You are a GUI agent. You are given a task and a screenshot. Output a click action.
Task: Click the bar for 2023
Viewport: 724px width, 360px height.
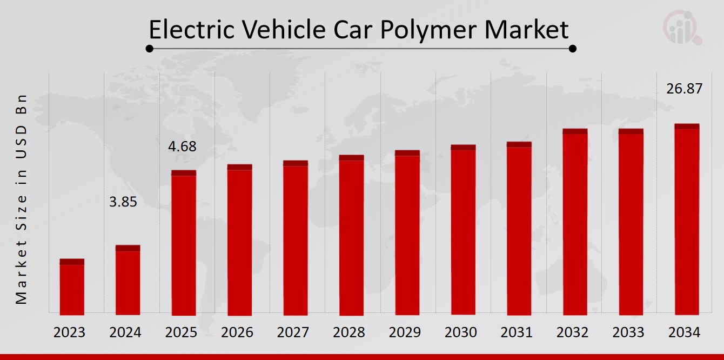72,287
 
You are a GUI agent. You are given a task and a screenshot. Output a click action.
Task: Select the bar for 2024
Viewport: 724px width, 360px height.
128,280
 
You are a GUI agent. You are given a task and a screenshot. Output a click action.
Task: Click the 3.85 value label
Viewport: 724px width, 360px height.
123,203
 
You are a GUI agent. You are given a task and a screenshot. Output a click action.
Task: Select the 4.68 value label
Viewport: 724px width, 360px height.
182,146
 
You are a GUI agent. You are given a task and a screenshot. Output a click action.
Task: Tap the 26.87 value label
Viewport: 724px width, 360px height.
685,89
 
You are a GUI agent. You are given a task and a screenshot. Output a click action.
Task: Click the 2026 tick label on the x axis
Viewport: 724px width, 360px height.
237,332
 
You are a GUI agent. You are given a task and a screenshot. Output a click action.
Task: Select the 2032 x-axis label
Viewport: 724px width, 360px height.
573,332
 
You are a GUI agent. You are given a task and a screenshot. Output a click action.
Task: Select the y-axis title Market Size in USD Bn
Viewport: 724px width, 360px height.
22,200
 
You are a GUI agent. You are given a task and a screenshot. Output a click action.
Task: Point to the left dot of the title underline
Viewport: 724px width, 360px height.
150,49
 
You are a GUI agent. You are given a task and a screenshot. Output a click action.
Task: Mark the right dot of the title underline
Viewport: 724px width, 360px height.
573,49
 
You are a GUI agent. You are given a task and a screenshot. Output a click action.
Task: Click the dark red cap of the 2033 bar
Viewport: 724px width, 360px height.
631,131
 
